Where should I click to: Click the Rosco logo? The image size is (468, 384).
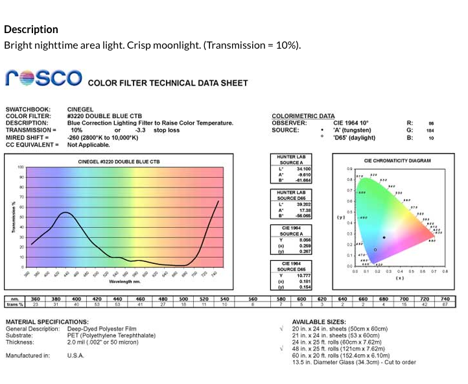click(x=43, y=78)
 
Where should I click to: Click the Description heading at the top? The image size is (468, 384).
click(x=31, y=29)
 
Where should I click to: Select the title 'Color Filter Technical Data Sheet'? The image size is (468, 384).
click(x=168, y=83)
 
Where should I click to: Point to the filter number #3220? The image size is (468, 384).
click(x=78, y=116)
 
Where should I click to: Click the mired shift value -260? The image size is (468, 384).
click(x=75, y=138)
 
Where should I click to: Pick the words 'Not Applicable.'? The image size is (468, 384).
click(x=89, y=145)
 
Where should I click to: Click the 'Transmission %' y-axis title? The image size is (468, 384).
click(x=14, y=217)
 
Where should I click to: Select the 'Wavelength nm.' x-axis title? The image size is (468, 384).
click(x=124, y=282)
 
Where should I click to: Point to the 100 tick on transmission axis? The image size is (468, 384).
click(x=21, y=167)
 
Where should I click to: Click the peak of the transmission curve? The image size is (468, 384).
click(x=66, y=212)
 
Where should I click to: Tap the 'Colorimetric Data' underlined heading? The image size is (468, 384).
click(x=303, y=116)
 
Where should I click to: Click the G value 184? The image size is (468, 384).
click(x=430, y=130)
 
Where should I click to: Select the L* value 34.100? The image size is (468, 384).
click(x=303, y=169)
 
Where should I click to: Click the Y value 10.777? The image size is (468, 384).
click(x=303, y=275)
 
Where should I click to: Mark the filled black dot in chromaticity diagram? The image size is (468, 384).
click(x=384, y=237)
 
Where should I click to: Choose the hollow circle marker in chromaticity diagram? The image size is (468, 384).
click(x=375, y=250)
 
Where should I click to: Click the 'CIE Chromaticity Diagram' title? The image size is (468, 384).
click(x=397, y=161)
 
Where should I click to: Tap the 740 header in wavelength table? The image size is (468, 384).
click(x=445, y=299)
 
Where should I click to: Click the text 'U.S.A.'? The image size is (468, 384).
click(x=75, y=355)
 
